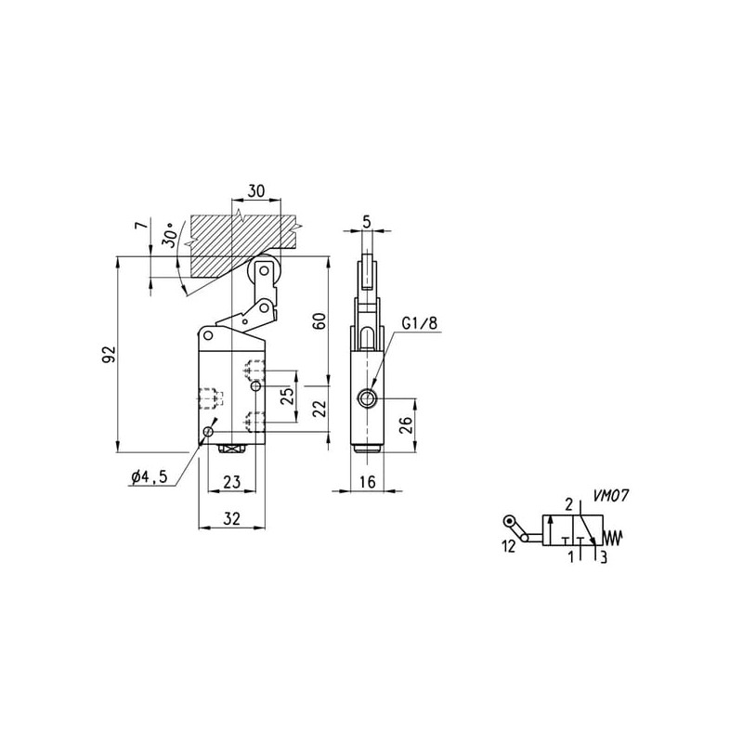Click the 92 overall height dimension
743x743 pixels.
[110, 354]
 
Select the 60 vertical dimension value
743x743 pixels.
[320, 321]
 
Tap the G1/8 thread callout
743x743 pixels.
[420, 323]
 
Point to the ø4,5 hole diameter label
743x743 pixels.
[150, 476]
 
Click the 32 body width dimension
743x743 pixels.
[231, 518]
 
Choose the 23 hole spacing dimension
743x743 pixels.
[231, 482]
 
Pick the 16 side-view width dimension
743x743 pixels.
[367, 482]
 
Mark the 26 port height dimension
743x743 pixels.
[407, 425]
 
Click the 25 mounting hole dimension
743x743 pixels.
[287, 396]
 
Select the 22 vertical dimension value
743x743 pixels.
[320, 409]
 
